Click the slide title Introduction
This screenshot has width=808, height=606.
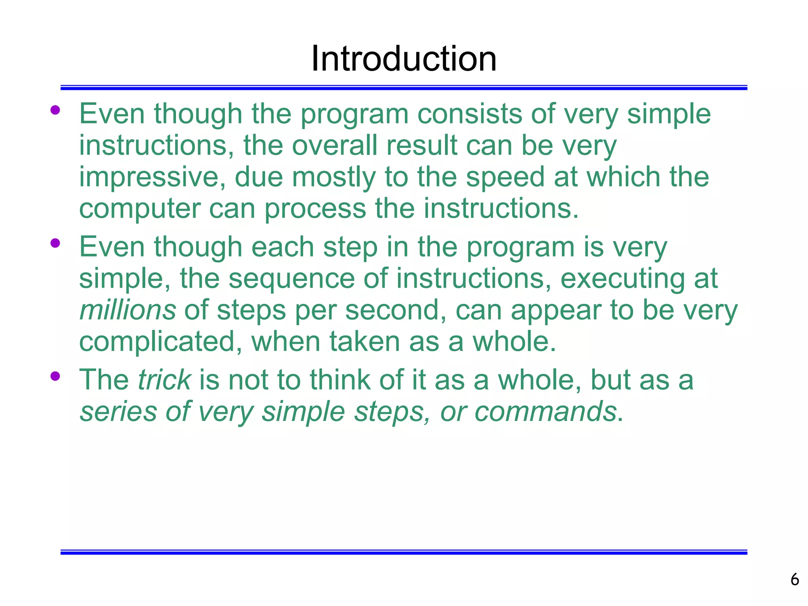pyautogui.click(x=404, y=59)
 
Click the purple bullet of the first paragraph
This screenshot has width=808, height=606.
pyautogui.click(x=55, y=110)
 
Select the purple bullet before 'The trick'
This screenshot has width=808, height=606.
pyautogui.click(x=55, y=376)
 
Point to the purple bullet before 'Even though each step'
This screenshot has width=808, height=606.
pyautogui.click(x=55, y=243)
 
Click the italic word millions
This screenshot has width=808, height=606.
pyautogui.click(x=127, y=310)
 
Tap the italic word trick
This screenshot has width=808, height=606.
pyautogui.click(x=165, y=380)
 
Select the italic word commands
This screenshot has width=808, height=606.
pyautogui.click(x=545, y=411)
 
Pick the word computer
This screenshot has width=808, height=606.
pyautogui.click(x=139, y=209)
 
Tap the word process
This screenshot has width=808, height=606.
pyautogui.click(x=315, y=209)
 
